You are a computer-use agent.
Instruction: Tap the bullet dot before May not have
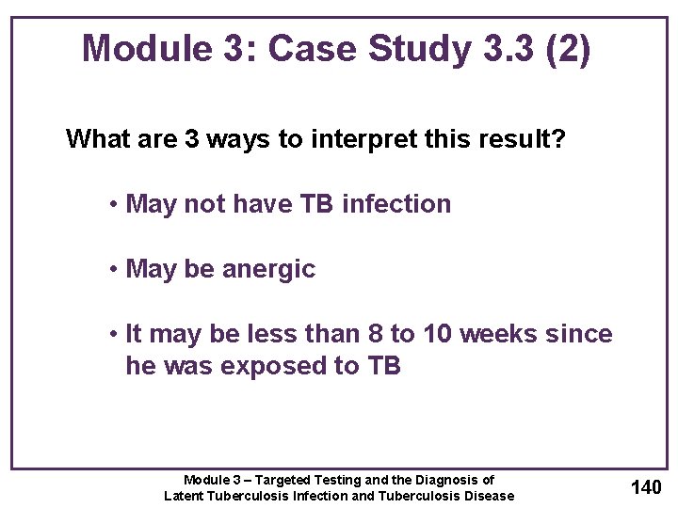(112, 205)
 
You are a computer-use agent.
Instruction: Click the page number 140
(645, 487)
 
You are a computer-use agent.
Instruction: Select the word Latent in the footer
(186, 496)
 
